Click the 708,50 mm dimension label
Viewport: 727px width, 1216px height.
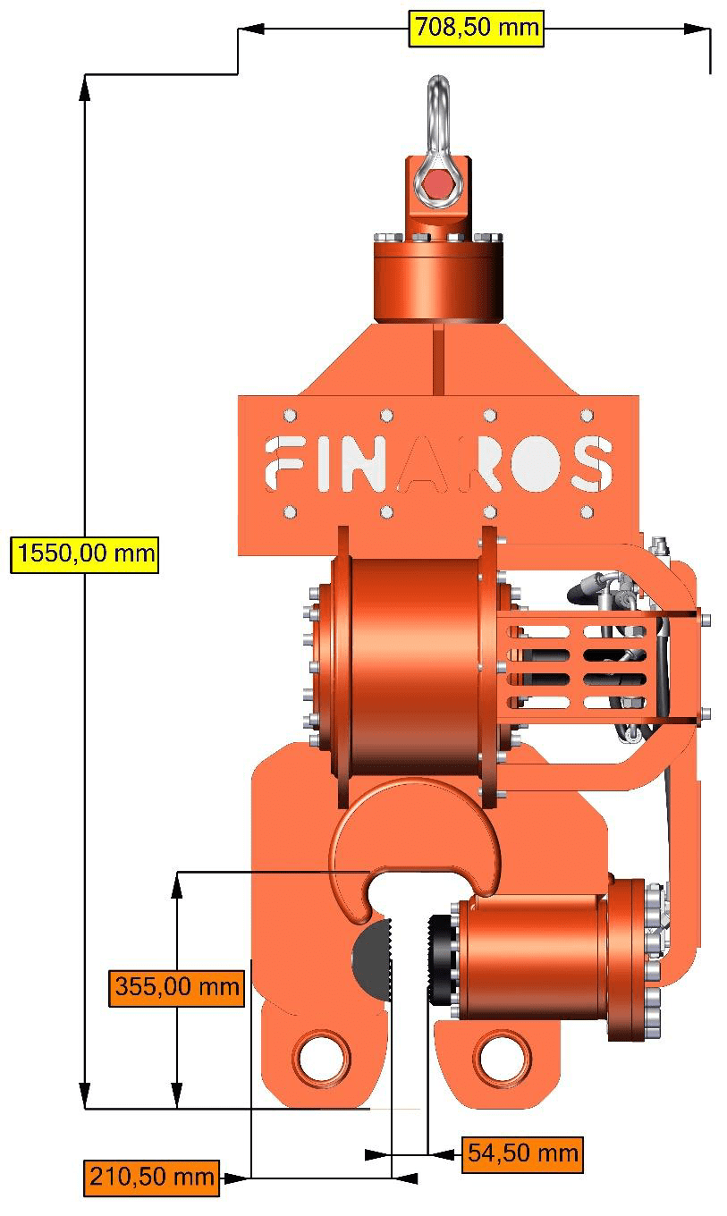[476, 27]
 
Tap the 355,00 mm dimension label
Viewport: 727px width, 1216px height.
[177, 987]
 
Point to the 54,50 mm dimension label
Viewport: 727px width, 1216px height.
[523, 1153]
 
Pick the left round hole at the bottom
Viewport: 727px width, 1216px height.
[320, 1059]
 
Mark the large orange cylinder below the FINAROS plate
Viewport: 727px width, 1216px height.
[411, 666]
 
